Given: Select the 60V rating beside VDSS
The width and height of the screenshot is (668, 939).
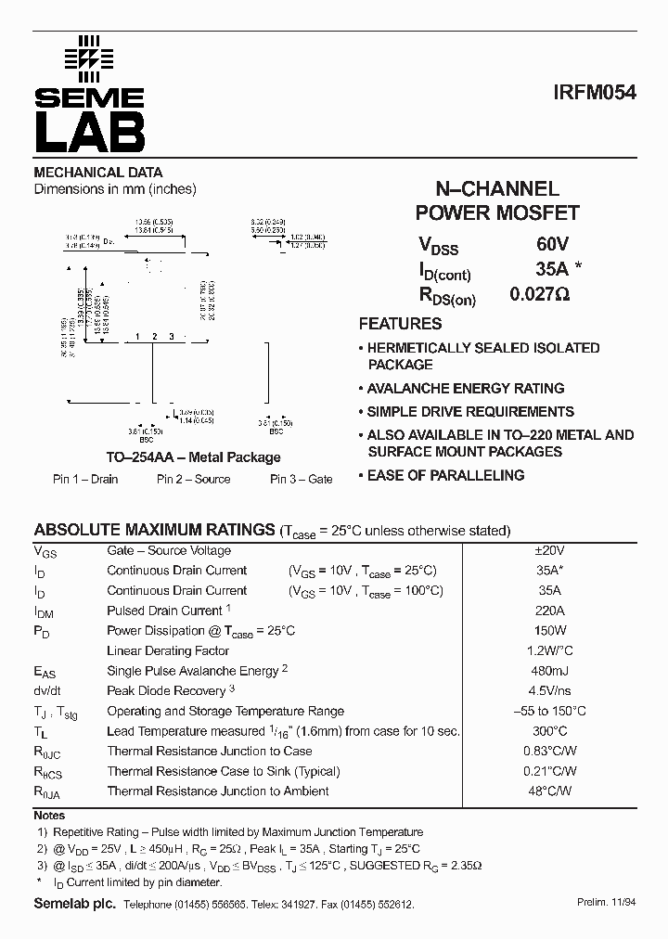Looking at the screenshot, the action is (551, 246).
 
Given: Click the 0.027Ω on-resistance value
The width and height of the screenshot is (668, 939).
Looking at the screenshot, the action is (539, 295).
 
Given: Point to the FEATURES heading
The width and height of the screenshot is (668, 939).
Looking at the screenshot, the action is (400, 324).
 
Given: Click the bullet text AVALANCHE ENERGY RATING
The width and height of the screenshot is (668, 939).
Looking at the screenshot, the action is (466, 389).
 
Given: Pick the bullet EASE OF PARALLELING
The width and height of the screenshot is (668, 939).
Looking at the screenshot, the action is (445, 475).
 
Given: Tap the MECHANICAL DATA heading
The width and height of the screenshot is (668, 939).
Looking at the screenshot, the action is (98, 173).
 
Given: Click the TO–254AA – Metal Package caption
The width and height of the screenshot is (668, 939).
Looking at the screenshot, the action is (193, 457).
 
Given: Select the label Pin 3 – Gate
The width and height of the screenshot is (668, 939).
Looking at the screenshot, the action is (302, 479).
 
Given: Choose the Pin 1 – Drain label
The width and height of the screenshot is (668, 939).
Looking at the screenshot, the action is (85, 479).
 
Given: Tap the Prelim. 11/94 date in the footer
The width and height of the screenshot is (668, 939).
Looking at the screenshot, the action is (605, 903).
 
